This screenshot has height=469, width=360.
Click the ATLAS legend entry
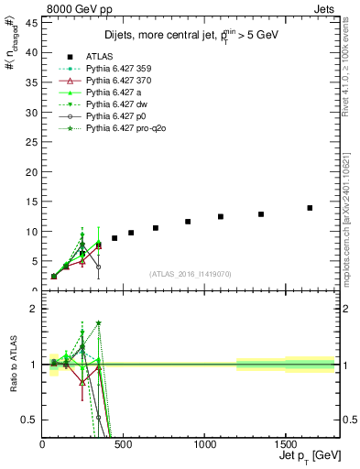pyautogui.click(x=102, y=57)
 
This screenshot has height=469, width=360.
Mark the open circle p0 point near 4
pyautogui.click(x=98, y=267)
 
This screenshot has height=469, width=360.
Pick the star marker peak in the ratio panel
pyautogui.click(x=98, y=322)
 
